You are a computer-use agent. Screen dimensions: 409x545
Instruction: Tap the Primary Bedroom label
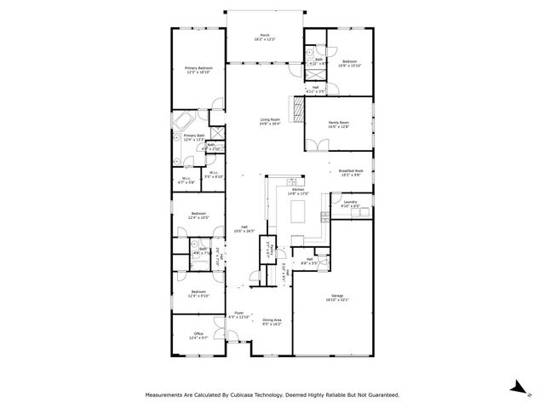(198, 70)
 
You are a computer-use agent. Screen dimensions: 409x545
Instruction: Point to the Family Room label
(339, 124)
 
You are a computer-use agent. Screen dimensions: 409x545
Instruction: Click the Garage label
(338, 297)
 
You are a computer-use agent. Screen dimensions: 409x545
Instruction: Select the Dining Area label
(272, 321)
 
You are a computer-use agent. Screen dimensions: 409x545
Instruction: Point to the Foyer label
(239, 314)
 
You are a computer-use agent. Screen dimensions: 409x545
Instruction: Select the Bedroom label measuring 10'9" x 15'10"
(351, 64)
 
